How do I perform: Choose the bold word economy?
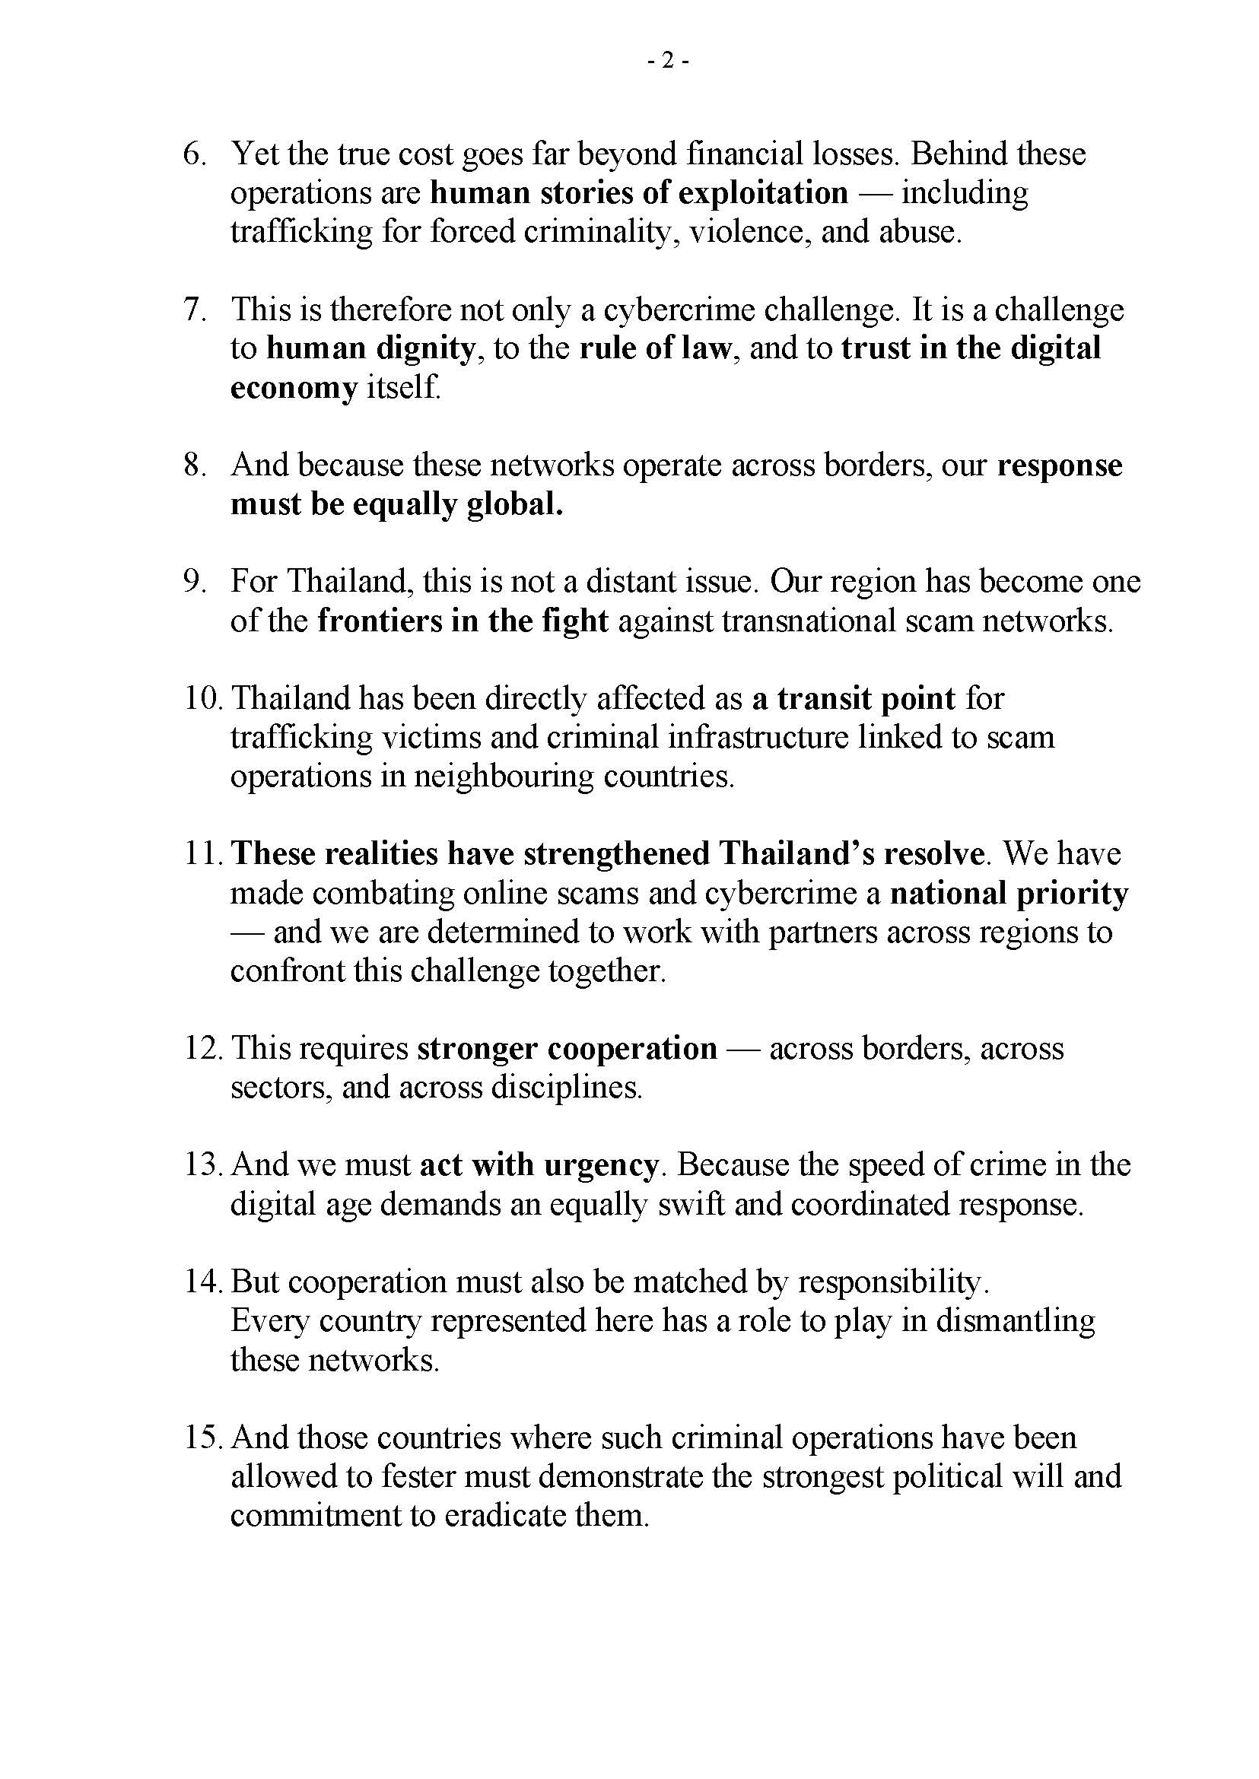[294, 388]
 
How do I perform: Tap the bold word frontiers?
[375, 621]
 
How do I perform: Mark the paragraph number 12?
[203, 1049]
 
